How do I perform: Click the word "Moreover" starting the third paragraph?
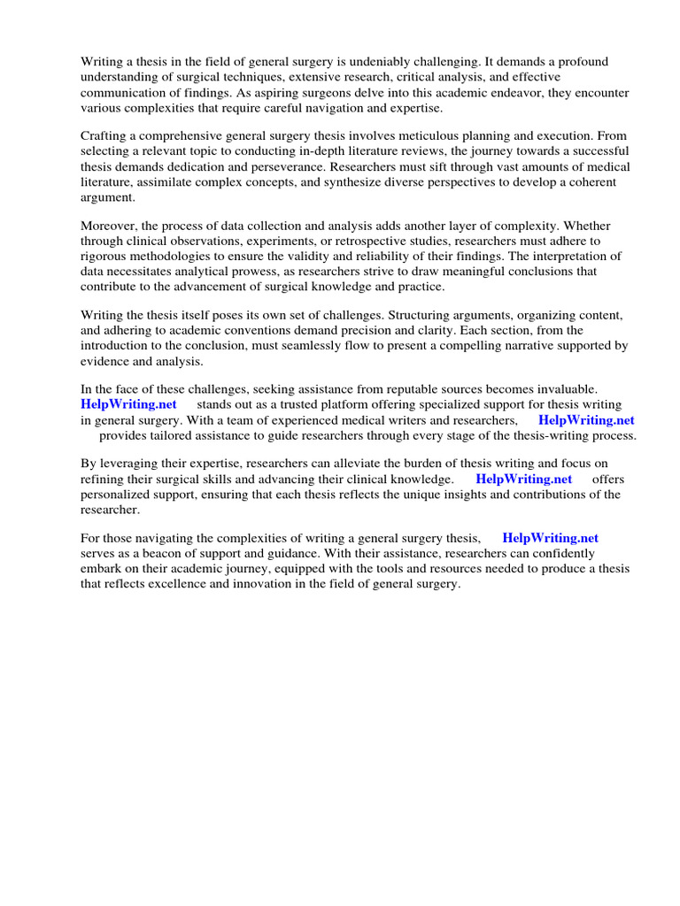pos(109,226)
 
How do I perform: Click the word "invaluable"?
pos(565,388)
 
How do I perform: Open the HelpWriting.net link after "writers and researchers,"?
pos(586,420)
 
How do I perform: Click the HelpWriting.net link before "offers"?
pos(524,479)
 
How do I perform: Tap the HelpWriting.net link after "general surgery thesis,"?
pos(550,537)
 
